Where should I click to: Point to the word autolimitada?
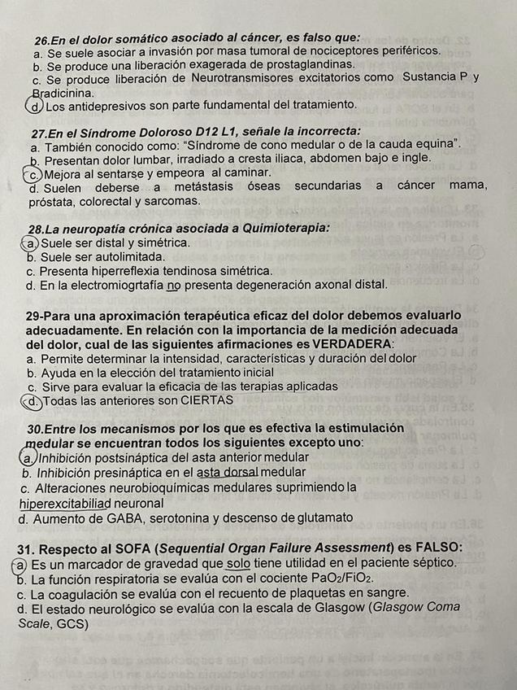coord(117,256)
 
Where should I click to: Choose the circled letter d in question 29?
coord(33,400)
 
